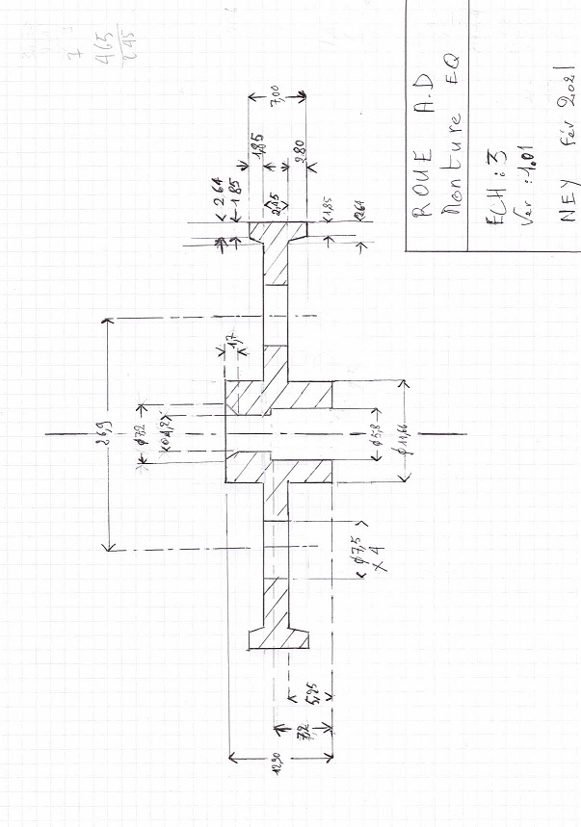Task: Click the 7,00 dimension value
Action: pyautogui.click(x=277, y=98)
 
